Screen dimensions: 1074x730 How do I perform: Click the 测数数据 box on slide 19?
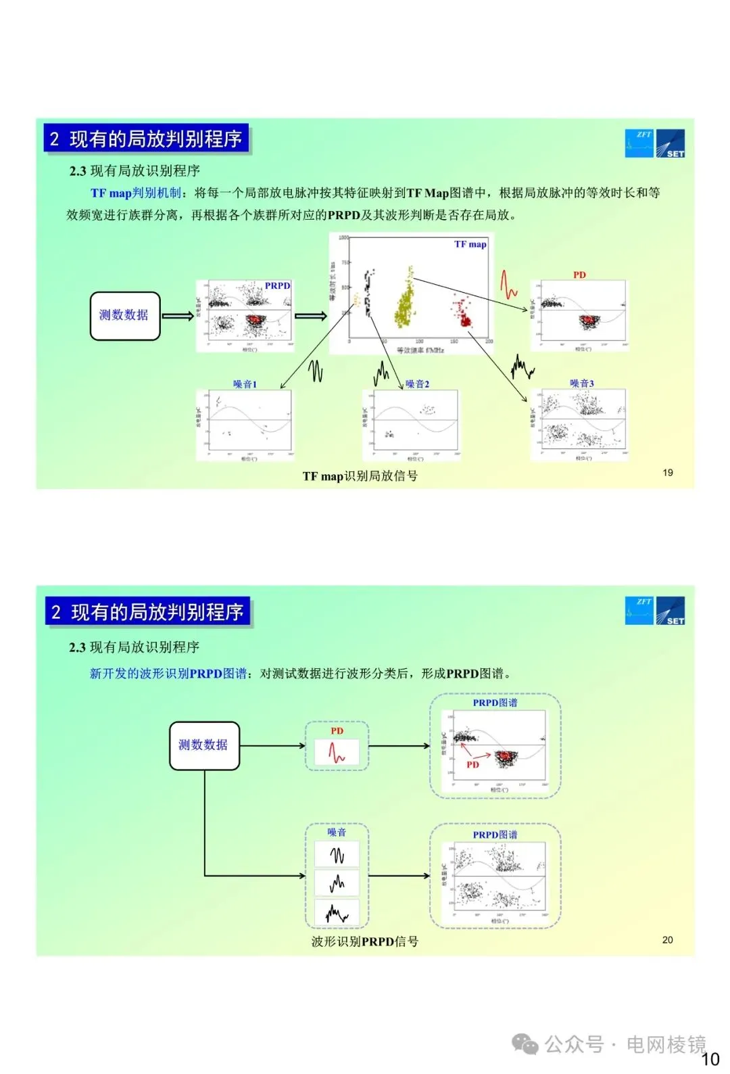click(x=125, y=315)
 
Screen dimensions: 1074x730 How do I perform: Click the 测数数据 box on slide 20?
click(x=204, y=745)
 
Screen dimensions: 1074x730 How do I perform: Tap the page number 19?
click(x=667, y=473)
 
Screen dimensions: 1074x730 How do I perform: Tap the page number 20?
click(x=667, y=940)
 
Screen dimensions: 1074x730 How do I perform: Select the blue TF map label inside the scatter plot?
click(x=470, y=244)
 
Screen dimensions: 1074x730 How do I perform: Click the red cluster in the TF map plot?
click(x=463, y=312)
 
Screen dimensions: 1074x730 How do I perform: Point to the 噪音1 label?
click(x=245, y=384)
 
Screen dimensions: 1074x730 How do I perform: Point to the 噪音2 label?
click(x=417, y=384)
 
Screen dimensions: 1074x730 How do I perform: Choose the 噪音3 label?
click(x=581, y=383)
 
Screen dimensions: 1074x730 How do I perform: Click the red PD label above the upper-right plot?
click(x=579, y=275)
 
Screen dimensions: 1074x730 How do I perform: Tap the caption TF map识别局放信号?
click(x=360, y=476)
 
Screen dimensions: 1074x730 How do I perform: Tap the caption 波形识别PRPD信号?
click(x=364, y=941)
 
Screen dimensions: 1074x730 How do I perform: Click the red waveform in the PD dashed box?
click(x=337, y=752)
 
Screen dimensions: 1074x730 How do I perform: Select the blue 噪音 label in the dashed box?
click(x=337, y=833)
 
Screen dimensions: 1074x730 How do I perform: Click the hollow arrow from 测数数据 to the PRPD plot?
click(x=178, y=316)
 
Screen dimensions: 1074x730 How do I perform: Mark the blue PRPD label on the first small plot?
click(x=277, y=286)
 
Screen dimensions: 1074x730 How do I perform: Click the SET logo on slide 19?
click(x=671, y=143)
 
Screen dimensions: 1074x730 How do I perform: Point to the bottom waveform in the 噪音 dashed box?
click(x=337, y=914)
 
